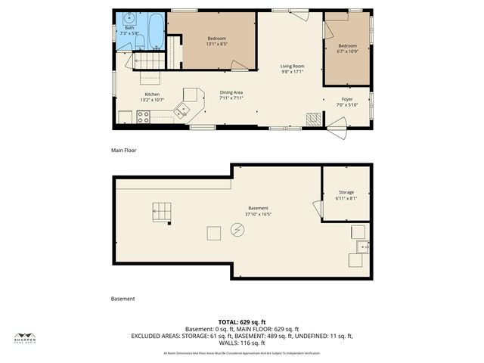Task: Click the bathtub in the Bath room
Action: point(154,31)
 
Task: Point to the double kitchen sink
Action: point(181,111)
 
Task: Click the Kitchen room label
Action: point(152,97)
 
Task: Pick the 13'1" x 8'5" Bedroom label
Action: point(216,41)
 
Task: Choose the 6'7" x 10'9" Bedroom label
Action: point(347,48)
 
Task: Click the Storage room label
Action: point(346,194)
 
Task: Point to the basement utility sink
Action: point(362,246)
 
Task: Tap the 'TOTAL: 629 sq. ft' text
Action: point(242,322)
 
